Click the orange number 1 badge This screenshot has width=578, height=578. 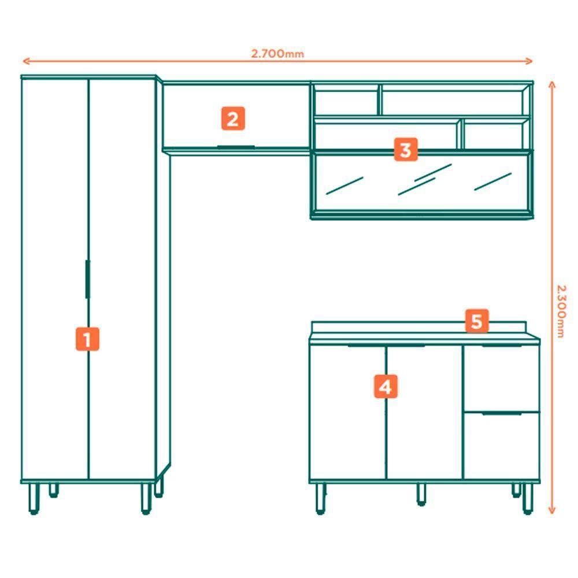coord(87,339)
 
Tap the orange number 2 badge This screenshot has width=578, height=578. coord(232,119)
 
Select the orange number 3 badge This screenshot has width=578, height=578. coord(405,150)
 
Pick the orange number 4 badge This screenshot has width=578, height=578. coord(386,387)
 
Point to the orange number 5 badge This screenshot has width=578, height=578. coord(476,321)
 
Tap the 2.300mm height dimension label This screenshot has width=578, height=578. coord(560,310)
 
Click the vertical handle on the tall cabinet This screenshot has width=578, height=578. coord(87,279)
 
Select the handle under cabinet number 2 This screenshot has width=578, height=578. coord(236,147)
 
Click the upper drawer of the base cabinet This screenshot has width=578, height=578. coord(501,379)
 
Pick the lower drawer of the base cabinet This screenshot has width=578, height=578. coord(501,446)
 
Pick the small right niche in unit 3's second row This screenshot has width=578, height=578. coord(495,135)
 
